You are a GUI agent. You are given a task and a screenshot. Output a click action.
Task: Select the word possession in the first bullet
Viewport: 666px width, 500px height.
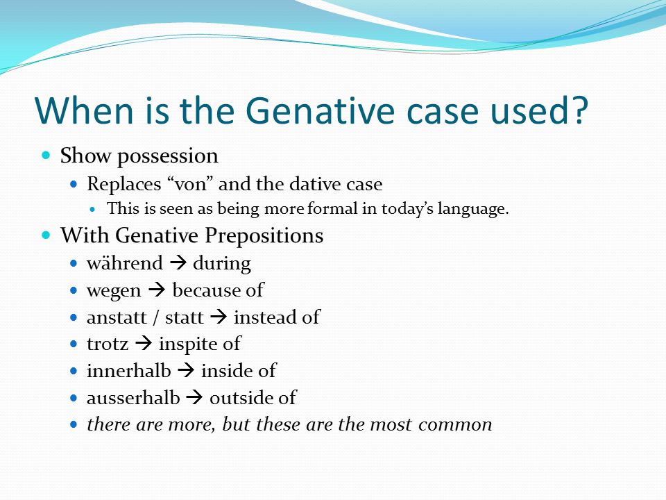click(168, 156)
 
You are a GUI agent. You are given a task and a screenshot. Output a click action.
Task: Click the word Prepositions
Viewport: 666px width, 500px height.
click(264, 235)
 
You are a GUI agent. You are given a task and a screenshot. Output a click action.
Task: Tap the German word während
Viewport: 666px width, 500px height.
click(124, 262)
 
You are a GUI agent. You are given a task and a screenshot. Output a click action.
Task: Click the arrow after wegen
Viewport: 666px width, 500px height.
click(157, 290)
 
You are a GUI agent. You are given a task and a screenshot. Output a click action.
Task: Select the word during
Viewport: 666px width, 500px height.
click(222, 264)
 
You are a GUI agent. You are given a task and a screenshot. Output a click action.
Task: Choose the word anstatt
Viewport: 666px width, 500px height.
click(117, 317)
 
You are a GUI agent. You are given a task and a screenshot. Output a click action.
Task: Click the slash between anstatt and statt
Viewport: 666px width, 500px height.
click(156, 317)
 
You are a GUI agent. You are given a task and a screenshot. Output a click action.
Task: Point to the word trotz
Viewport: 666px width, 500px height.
click(108, 344)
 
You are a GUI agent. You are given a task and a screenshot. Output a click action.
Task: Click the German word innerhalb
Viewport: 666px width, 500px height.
click(129, 370)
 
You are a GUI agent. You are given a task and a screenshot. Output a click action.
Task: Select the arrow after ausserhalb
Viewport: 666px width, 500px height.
click(195, 397)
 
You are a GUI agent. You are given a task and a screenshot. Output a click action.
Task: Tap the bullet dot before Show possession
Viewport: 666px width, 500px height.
click(46, 155)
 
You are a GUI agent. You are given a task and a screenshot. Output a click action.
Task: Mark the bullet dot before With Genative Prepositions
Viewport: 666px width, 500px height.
click(46, 235)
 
